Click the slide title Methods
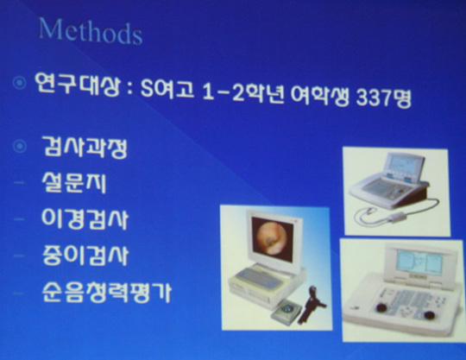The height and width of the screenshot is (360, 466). (90, 32)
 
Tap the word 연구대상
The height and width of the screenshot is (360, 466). (78, 84)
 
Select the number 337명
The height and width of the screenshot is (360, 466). (383, 98)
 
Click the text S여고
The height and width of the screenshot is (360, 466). (167, 88)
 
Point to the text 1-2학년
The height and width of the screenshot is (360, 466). (242, 92)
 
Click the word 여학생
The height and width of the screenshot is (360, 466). (319, 95)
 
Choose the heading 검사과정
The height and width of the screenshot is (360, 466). (85, 147)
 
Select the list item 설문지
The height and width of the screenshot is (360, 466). (74, 182)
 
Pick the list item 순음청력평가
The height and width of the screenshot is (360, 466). (106, 292)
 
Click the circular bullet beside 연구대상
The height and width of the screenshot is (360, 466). (20, 82)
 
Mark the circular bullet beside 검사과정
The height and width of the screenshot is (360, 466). (20, 146)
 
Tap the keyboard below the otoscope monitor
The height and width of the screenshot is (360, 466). (257, 279)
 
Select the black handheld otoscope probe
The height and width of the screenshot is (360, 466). (312, 304)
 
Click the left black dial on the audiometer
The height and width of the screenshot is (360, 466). (381, 308)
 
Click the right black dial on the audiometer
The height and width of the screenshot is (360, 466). (429, 315)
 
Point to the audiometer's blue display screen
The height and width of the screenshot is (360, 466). (419, 263)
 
